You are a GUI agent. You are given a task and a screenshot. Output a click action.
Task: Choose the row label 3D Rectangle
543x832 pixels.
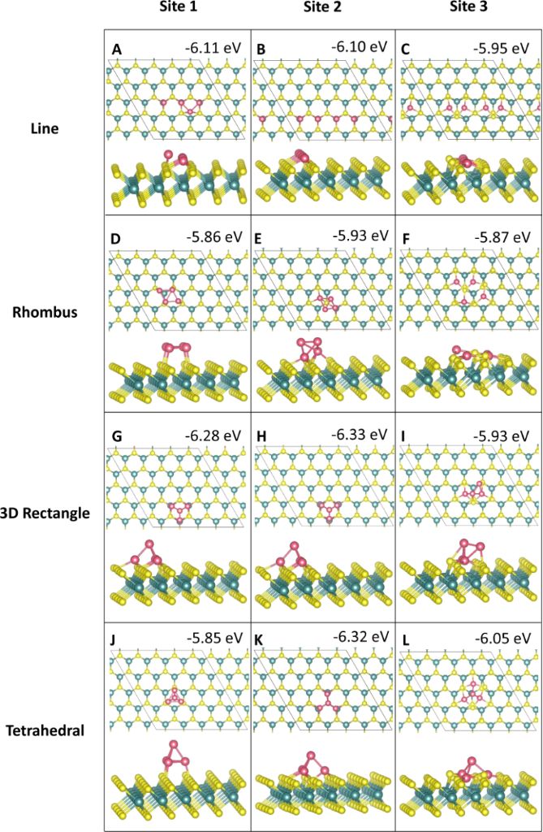pyautogui.click(x=51, y=513)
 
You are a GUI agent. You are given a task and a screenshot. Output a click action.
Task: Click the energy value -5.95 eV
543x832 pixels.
pyautogui.click(x=502, y=48)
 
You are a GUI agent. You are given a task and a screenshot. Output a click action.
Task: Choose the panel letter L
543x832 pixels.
pyautogui.click(x=406, y=641)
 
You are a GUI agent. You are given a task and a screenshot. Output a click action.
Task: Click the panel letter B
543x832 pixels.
pyautogui.click(x=261, y=50)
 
